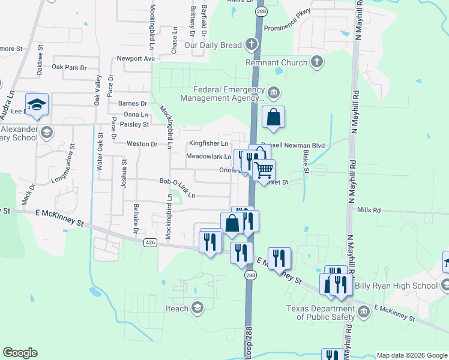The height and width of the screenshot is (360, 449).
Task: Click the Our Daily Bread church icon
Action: (251, 45)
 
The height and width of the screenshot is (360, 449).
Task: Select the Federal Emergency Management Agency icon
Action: (274, 92)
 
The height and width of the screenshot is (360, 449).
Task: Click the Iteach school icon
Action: (197, 308)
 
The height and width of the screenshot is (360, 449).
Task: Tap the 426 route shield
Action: (149, 242)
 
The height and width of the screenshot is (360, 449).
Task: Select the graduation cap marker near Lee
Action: (37, 104)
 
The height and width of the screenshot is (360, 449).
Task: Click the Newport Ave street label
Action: (136, 59)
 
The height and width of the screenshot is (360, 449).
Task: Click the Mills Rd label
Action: (369, 211)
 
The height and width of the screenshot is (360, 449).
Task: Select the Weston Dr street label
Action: (142, 144)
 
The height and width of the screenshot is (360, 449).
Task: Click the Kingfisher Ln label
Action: (208, 144)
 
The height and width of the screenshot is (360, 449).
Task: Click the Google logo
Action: (20, 353)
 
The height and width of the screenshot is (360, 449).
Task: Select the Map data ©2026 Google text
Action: (412, 355)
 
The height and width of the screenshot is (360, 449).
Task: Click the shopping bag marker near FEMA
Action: (273, 117)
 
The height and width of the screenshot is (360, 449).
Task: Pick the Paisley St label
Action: (134, 124)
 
